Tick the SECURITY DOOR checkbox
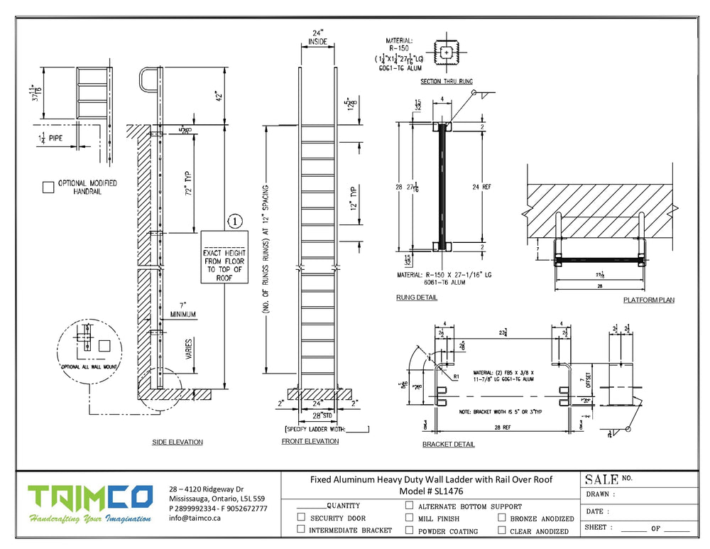click(301, 518)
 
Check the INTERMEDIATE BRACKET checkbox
click(301, 529)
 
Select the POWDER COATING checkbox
click(409, 530)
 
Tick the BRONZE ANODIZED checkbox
click(502, 518)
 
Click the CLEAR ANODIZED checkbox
click(502, 530)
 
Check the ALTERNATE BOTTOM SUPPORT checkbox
click(409, 506)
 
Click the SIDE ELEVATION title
click(177, 442)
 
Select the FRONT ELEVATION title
click(310, 441)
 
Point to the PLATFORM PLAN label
click(649, 300)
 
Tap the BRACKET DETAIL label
click(449, 445)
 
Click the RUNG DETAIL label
click(416, 298)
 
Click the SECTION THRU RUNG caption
click(447, 82)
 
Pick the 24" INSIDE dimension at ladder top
click(317, 37)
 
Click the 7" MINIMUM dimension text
click(183, 310)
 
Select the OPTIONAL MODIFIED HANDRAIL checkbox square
click(48, 187)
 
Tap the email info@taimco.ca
click(195, 518)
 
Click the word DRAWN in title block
click(600, 494)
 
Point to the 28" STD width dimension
click(317, 414)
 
